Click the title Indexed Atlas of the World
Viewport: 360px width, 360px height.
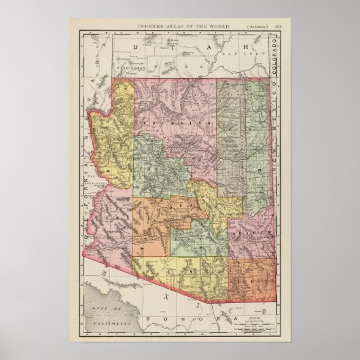coord(179,25)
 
